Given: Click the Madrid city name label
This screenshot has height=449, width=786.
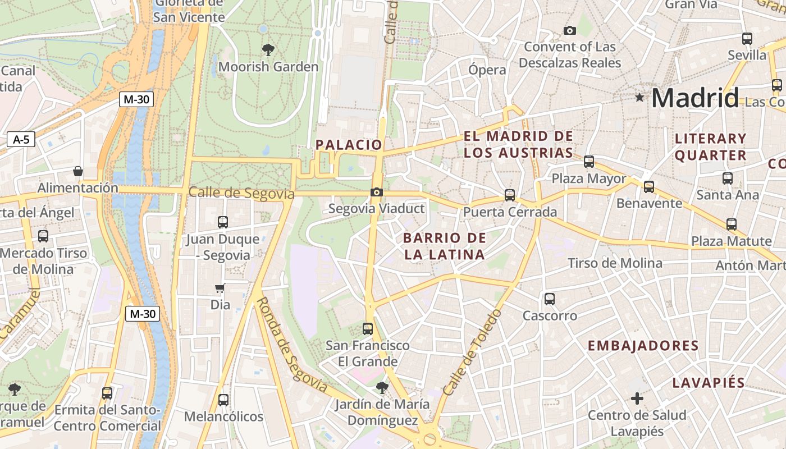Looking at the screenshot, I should (695, 98).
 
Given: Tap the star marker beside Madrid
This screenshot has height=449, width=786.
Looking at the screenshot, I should (639, 98).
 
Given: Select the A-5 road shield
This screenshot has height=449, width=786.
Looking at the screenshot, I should (21, 140).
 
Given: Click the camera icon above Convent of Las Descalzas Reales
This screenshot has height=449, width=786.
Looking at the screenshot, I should (570, 30).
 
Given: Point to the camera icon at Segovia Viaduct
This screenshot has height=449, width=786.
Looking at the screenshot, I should (377, 193).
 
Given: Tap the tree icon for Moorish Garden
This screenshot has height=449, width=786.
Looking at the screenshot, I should (268, 49).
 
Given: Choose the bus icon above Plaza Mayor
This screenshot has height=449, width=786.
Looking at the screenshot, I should (589, 162).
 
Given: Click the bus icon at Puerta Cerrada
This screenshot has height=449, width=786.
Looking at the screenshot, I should (510, 195).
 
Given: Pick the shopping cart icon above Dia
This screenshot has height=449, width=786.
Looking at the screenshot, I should (220, 288).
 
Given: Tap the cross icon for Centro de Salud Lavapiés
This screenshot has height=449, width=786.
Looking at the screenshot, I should (637, 398).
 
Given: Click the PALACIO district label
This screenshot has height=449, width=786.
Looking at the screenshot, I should (349, 145).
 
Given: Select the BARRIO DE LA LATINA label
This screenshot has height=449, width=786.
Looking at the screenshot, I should (445, 246).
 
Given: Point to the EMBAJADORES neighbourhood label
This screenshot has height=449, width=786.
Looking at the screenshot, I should (643, 346).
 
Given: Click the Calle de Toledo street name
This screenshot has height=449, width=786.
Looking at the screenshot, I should (472, 352).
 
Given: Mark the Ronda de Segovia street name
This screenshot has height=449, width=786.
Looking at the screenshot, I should (292, 345).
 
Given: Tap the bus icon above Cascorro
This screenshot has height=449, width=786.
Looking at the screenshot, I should (550, 299).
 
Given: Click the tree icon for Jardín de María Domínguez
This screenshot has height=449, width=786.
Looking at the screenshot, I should (382, 387).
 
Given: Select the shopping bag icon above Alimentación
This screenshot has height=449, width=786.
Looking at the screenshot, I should (78, 171).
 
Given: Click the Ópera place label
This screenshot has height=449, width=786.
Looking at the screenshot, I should (487, 70).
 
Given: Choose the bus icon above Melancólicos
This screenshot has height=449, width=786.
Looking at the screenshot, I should (223, 400).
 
